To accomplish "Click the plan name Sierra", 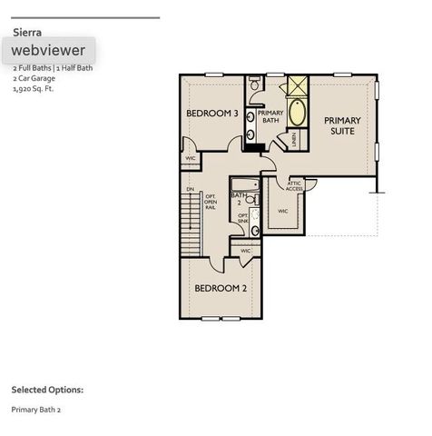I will tap(27, 32).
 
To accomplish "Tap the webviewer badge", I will tap(49, 51).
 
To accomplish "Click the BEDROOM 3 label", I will tap(211, 114).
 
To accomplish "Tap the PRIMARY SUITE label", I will tap(342, 126).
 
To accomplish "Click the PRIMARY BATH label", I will tap(270, 115).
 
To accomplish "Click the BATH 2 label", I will tap(240, 198).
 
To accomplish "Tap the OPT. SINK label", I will tap(242, 218).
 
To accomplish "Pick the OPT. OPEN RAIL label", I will tap(210, 202).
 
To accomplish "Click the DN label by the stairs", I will tap(191, 189).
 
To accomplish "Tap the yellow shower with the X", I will tap(296, 87).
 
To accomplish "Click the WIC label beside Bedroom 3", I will tap(191, 158).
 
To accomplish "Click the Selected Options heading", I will tap(47, 390).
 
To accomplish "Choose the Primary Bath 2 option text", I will tap(36, 410).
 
